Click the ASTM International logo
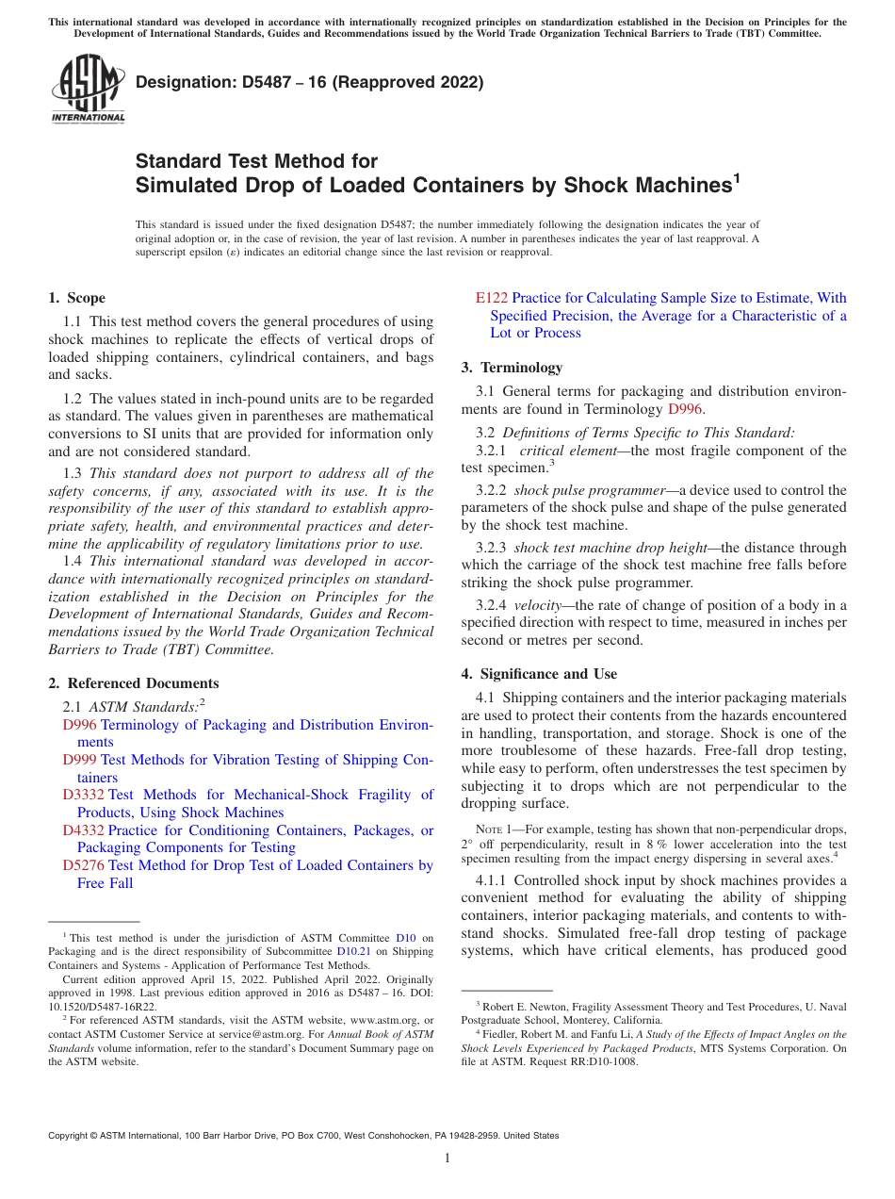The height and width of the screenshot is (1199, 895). (87, 90)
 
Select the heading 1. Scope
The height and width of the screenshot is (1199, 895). (76, 298)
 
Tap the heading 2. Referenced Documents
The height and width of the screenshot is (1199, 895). (133, 683)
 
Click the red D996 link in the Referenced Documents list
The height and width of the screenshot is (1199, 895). (79, 725)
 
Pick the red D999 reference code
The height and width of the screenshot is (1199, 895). (79, 760)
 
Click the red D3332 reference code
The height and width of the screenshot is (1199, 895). (83, 795)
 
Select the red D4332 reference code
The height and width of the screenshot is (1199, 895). (83, 830)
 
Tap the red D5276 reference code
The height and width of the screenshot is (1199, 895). (83, 865)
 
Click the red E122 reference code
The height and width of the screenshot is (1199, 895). (492, 298)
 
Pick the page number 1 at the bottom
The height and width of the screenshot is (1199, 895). (447, 1158)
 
